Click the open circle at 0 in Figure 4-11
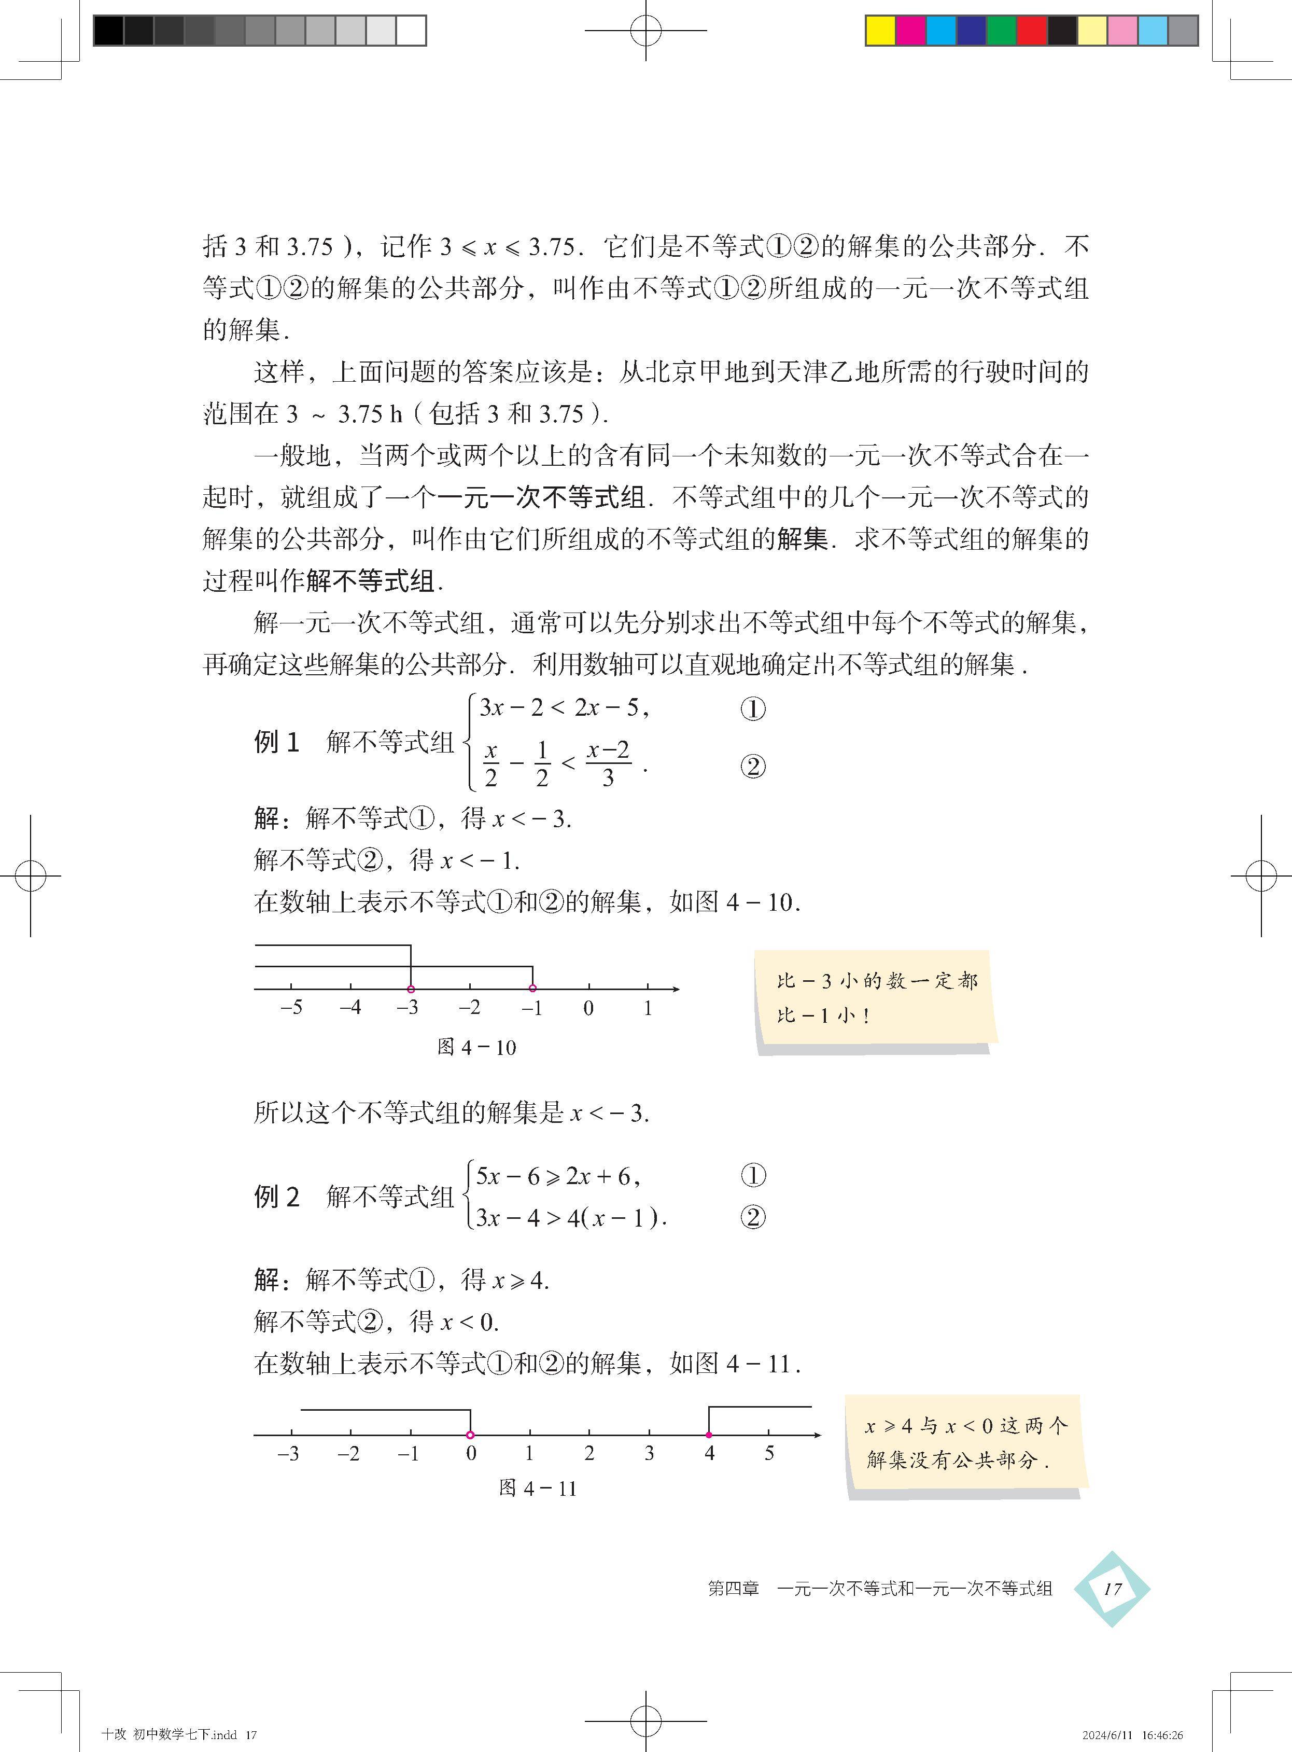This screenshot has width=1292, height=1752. (470, 1435)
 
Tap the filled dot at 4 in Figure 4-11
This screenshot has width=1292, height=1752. (709, 1435)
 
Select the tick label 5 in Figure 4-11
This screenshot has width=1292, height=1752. (769, 1454)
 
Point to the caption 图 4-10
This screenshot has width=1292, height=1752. (476, 1047)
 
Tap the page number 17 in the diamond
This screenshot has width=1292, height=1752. (1112, 1589)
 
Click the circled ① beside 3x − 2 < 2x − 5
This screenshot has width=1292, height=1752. (752, 710)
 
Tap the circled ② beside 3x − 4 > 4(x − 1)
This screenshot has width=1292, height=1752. (752, 1218)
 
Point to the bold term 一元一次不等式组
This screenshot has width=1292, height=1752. (541, 497)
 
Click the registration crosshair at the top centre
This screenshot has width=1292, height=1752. (646, 31)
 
